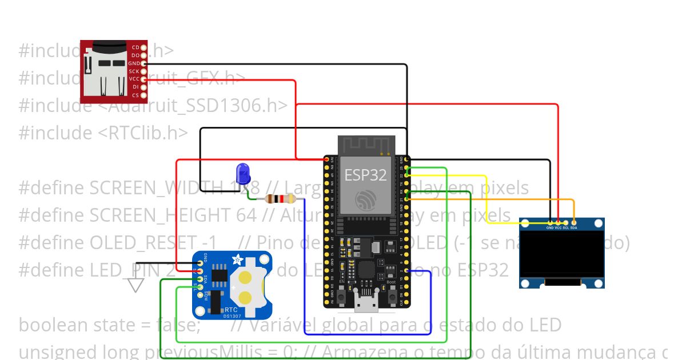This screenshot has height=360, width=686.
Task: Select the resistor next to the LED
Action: point(280,199)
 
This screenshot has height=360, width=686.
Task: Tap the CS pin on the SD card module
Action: point(143,95)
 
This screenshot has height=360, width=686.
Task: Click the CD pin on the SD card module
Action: point(143,47)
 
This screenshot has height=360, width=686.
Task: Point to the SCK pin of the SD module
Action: point(143,71)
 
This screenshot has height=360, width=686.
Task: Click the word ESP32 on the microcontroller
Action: point(365,175)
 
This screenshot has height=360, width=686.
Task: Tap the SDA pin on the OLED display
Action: point(573,222)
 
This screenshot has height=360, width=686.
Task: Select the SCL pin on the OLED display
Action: point(566,222)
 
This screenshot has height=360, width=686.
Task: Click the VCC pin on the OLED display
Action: point(558,222)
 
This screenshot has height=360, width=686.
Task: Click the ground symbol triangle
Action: point(135,285)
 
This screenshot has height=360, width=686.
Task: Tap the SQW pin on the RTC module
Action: point(200,295)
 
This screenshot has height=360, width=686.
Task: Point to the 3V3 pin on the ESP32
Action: point(327,160)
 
